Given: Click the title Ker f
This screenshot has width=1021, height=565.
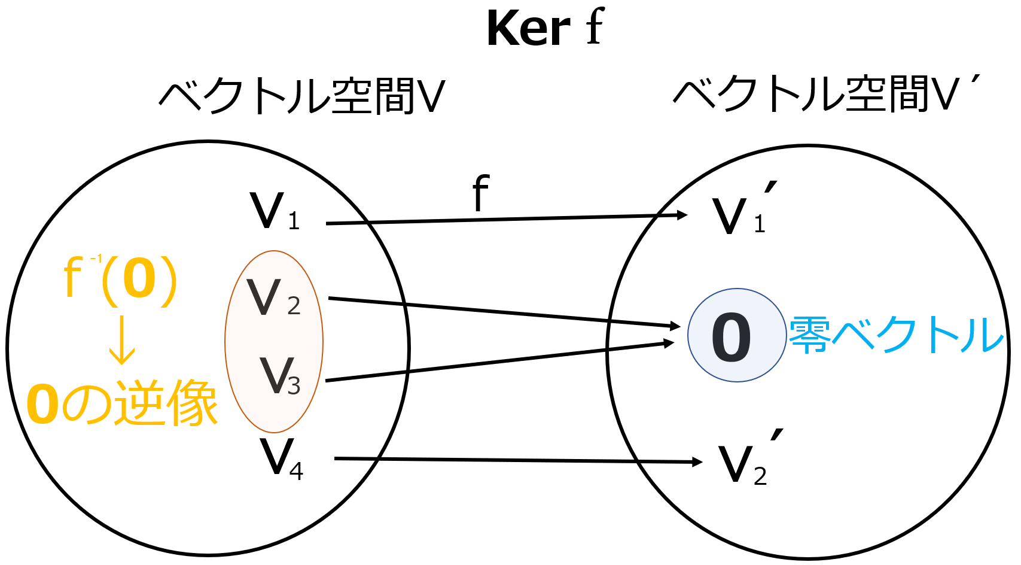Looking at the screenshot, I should [x=545, y=28].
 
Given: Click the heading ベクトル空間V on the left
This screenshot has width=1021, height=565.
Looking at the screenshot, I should [x=302, y=96].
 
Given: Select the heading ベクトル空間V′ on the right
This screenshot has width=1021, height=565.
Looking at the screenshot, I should [x=825, y=95].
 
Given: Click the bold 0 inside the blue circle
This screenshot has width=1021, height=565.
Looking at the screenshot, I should [x=731, y=337].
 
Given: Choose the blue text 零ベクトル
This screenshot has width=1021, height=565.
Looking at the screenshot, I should [x=895, y=335].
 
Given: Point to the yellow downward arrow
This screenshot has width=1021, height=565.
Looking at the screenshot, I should [x=122, y=340].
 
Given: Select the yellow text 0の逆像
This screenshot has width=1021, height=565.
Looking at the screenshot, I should [x=122, y=404].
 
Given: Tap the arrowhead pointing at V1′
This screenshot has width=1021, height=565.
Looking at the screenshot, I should [x=682, y=215].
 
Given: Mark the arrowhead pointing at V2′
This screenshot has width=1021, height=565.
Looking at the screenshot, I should [x=697, y=461].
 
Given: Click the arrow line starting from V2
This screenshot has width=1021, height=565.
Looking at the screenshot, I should [x=502, y=312].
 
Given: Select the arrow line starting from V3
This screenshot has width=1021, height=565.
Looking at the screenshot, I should [x=496, y=362].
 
